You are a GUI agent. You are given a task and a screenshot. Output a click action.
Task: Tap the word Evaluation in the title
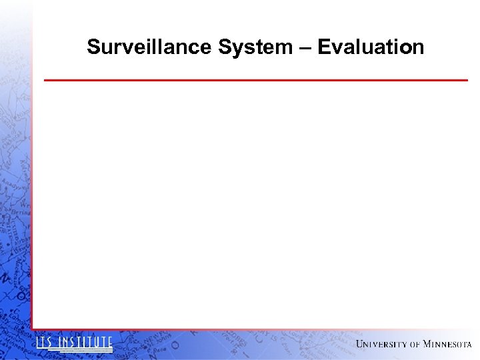click(371, 47)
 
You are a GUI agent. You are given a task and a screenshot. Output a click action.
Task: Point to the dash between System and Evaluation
click(305, 48)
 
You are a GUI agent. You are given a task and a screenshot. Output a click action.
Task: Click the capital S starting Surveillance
click(93, 47)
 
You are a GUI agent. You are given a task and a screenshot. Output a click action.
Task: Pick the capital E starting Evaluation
click(323, 47)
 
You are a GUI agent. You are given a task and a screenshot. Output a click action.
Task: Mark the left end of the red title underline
click(45, 80)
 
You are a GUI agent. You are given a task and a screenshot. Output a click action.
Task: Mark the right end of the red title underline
click(467, 80)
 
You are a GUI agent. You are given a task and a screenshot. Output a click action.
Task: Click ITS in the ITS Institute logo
click(45, 343)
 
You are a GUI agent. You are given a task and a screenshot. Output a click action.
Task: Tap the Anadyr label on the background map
click(13, 181)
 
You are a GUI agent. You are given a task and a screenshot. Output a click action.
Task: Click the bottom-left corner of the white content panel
click(33, 329)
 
